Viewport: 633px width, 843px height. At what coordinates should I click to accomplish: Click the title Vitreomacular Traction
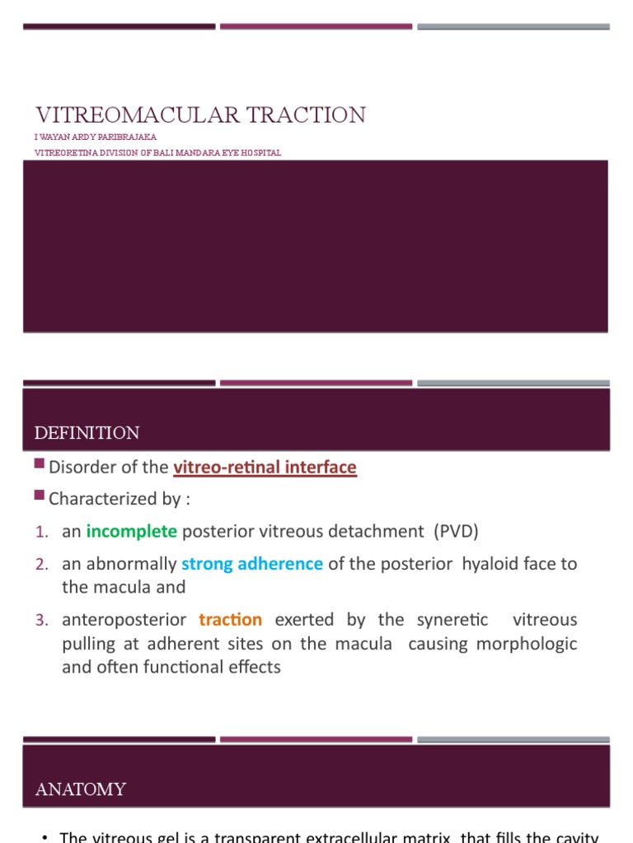200,115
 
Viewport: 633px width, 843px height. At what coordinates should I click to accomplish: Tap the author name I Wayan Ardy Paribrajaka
96,137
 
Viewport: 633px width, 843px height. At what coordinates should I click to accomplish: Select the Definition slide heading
87,433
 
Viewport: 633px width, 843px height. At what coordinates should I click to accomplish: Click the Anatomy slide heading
81,789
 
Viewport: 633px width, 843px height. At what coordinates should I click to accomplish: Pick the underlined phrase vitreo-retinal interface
265,468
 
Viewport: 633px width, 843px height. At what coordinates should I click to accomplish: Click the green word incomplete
132,531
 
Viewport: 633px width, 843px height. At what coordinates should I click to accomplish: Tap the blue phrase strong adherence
252,564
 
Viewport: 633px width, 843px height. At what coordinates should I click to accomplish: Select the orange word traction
231,619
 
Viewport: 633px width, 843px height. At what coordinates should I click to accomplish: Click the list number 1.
42,532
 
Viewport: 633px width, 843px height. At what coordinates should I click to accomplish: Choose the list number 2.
42,565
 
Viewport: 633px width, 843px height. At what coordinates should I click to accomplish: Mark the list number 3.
42,620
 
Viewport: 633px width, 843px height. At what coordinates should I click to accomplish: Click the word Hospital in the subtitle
261,152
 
